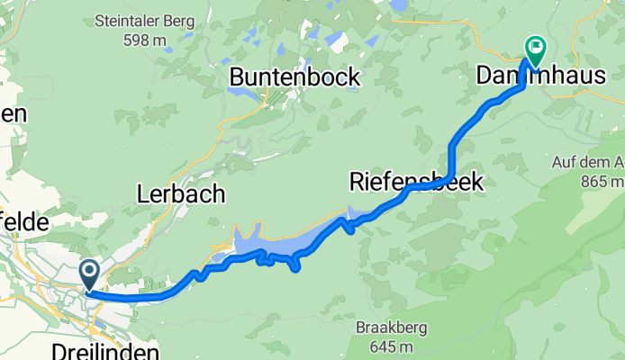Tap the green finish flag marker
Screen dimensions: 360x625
tap(535, 48)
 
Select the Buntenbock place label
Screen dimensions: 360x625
tap(294, 77)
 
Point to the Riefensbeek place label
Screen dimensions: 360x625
tap(416, 183)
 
